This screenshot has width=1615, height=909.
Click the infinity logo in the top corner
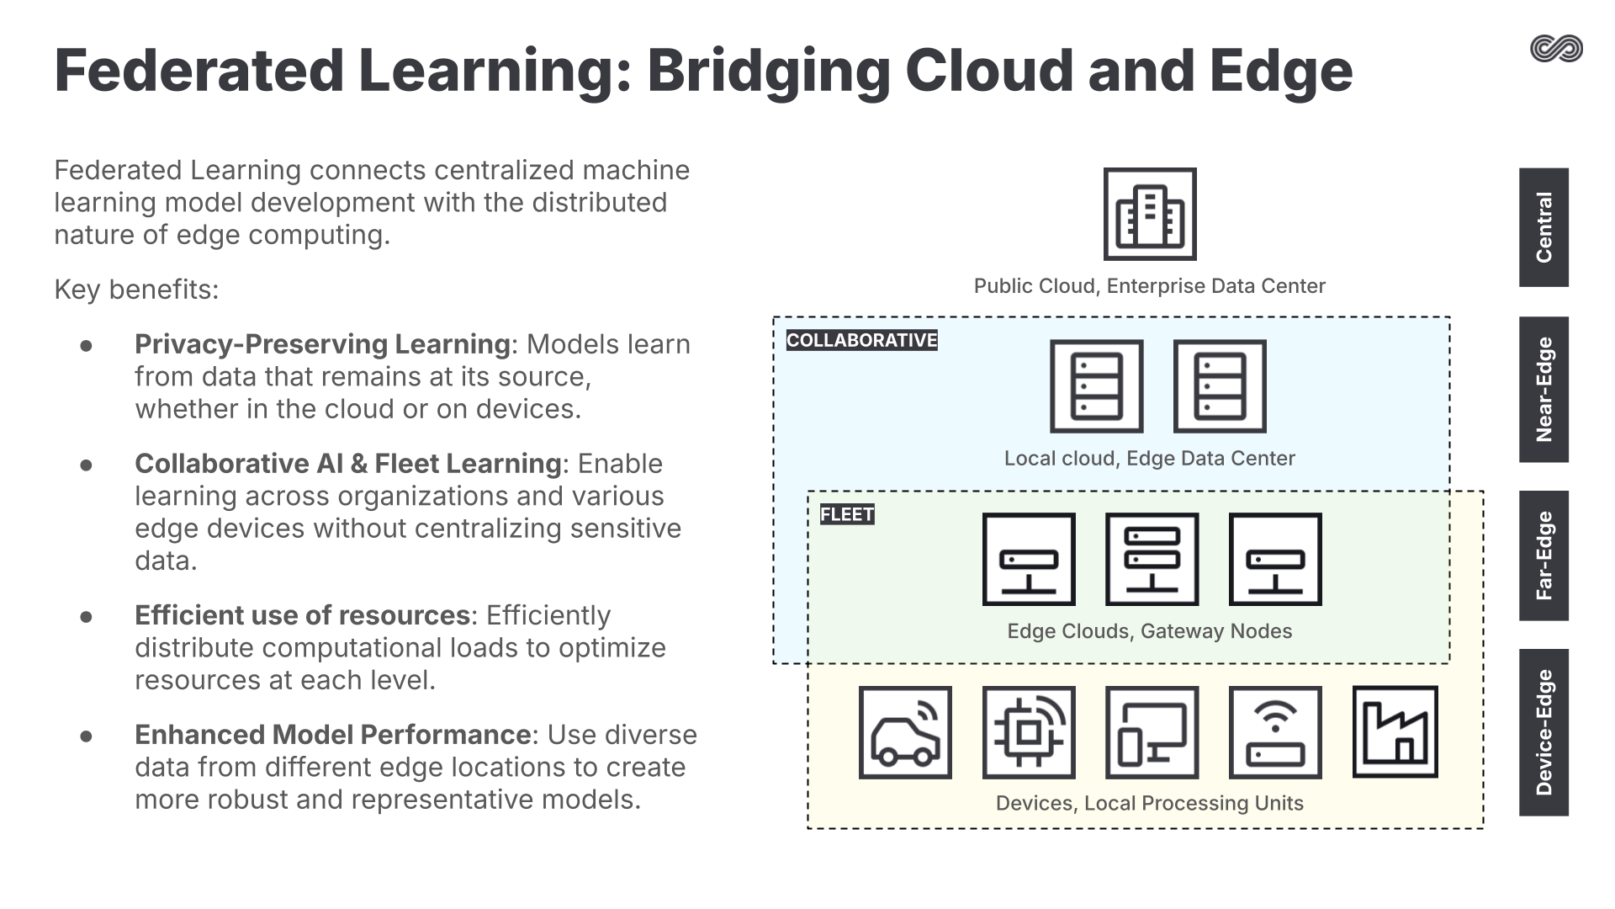1556,49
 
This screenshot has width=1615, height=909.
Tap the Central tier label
1544,227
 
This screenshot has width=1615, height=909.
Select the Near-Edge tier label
1544,390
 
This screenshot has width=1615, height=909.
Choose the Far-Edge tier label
1544,555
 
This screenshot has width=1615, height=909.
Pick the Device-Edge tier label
1544,732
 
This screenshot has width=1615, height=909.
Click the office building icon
1150,214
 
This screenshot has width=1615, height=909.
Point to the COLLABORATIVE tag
861,340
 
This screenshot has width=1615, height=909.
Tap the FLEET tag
847,514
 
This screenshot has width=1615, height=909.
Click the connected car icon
905,731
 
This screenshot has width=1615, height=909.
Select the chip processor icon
1029,731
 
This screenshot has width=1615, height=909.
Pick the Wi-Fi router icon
1275,731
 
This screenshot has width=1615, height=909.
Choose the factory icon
1395,731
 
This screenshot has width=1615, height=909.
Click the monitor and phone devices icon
1152,731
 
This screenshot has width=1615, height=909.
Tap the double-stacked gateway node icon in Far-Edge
1152,559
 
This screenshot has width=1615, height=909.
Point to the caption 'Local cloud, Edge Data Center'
1149,459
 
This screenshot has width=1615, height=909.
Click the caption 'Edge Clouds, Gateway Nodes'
1149,631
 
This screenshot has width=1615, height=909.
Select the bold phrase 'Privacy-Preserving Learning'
322,344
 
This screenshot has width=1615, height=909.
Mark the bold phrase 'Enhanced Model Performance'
332,735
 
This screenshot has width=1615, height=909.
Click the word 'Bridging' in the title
768,71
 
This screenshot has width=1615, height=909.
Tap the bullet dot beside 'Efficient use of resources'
86,617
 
